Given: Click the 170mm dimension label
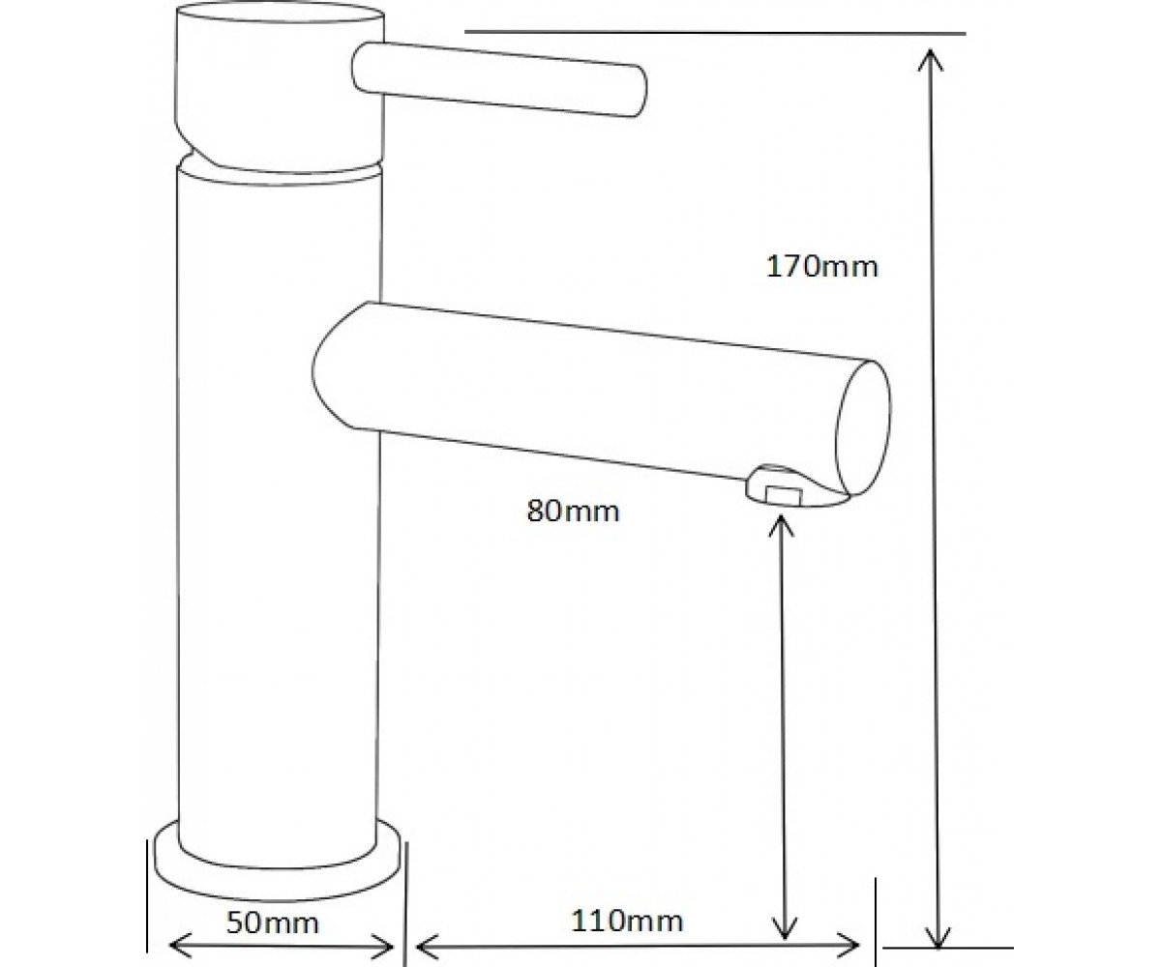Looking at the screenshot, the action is [x=821, y=267].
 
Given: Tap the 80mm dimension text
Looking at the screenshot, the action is [x=574, y=511].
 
